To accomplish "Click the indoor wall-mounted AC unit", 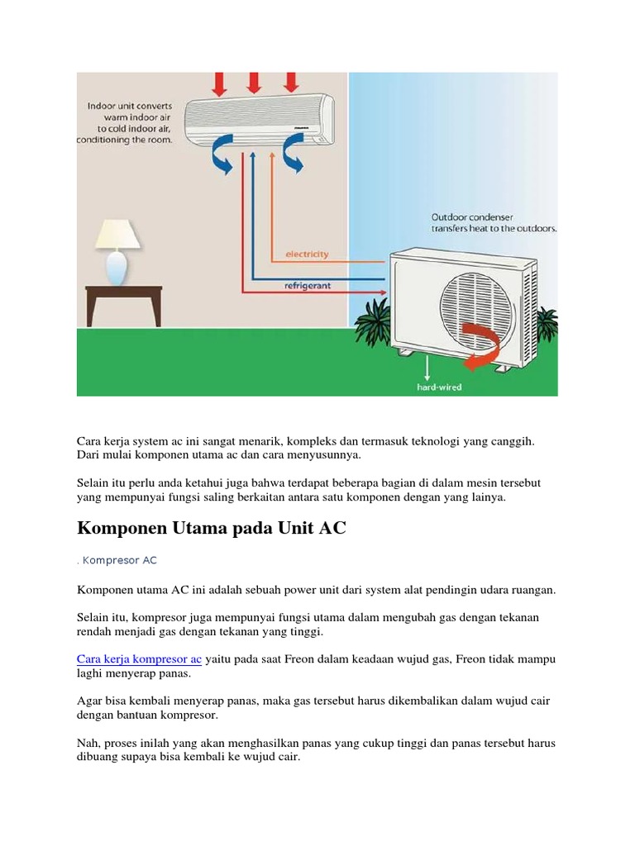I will pos(259,121).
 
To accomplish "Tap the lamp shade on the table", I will pos(117,235).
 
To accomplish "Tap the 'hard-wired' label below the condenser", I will pos(438,385).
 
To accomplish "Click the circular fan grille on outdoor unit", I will pos(475,302).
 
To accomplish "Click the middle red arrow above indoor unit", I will pos(254,83).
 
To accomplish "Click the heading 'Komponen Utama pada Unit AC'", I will pos(211,529).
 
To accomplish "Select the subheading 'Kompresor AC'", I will pos(119,560).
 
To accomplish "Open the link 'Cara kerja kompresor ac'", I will pos(139,659).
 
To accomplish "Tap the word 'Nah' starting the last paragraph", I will pos(87,744).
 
